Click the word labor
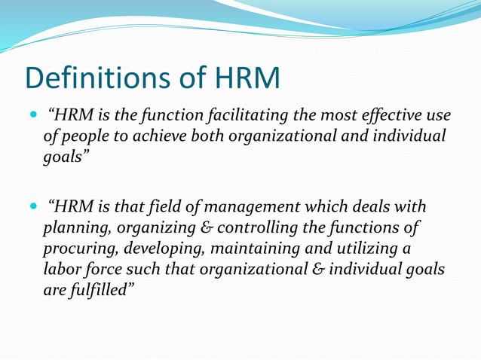point(61,270)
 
